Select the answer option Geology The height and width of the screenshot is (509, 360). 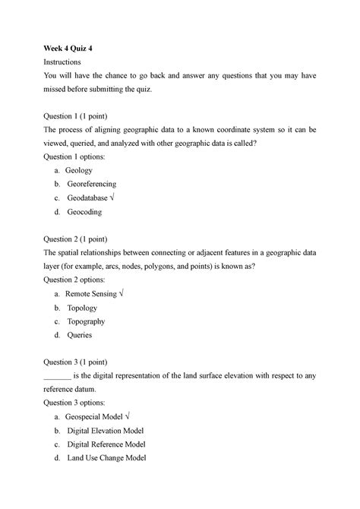pyautogui.click(x=78, y=171)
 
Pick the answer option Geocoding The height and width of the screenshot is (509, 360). pyautogui.click(x=84, y=212)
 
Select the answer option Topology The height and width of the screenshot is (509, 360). pyautogui.click(x=82, y=308)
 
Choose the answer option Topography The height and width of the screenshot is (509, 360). pyautogui.click(x=86, y=321)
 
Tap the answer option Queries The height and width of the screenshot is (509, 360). pyautogui.click(x=79, y=335)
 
